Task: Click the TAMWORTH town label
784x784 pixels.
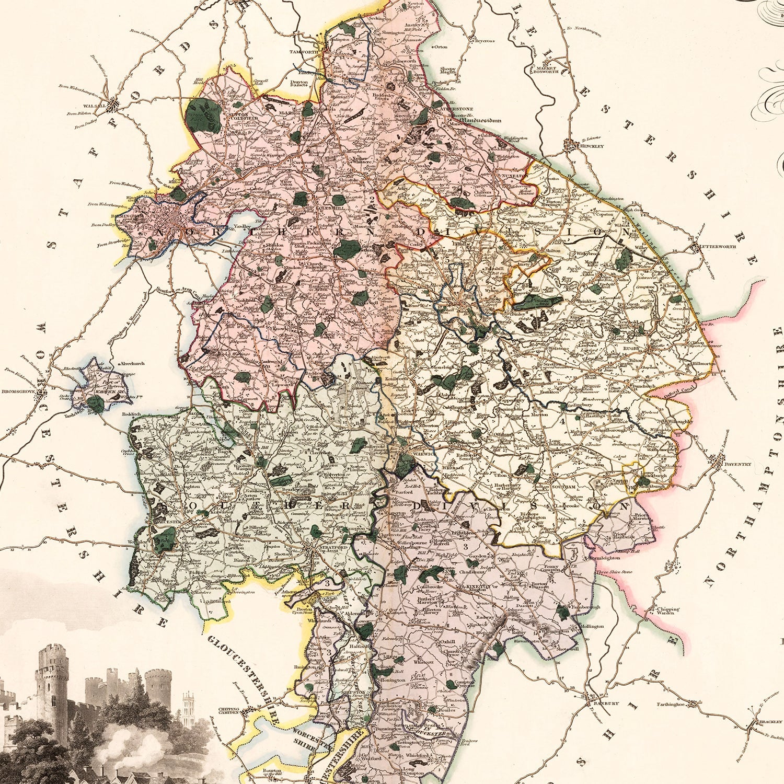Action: pos(304,52)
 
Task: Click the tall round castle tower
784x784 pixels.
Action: pos(51,679)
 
